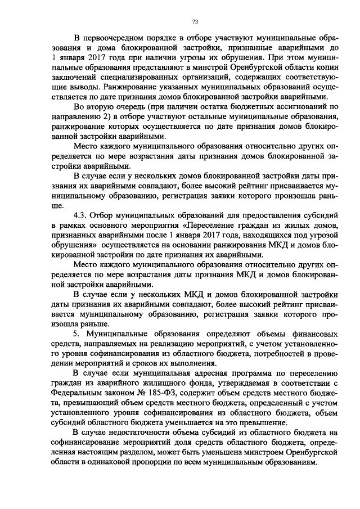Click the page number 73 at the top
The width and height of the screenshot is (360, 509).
[195, 22]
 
